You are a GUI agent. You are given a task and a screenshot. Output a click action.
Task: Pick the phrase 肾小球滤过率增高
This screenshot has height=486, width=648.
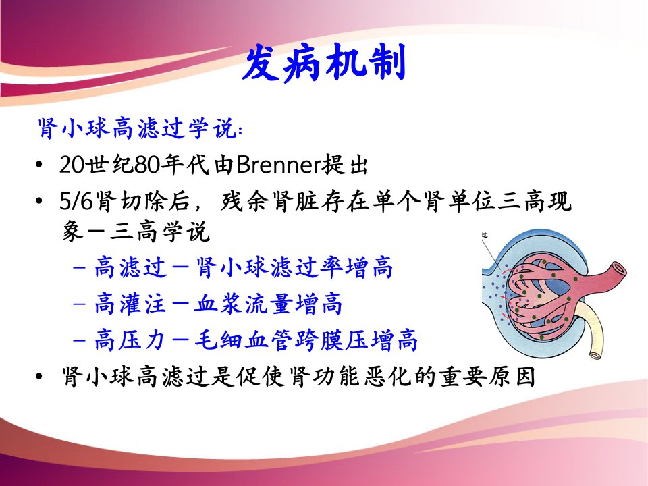click(x=294, y=267)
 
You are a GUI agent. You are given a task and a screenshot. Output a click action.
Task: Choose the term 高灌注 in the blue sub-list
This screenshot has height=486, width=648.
click(x=130, y=304)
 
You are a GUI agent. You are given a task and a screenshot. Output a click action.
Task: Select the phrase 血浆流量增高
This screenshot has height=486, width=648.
click(x=268, y=304)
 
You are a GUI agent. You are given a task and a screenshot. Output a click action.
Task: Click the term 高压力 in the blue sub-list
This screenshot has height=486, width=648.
click(x=130, y=340)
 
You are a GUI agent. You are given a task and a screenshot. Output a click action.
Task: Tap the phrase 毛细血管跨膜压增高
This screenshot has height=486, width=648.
click(x=306, y=340)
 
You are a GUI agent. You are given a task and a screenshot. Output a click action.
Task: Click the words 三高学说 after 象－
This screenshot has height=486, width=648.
click(x=160, y=231)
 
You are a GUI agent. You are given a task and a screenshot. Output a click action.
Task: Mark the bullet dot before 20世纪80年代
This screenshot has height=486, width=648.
click(x=39, y=165)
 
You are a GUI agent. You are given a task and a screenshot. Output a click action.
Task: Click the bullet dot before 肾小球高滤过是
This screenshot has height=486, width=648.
click(x=39, y=377)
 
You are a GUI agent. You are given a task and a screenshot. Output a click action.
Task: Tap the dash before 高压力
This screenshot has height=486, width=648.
click(x=79, y=340)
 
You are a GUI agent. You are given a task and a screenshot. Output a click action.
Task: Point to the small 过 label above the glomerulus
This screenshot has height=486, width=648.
click(x=485, y=235)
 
